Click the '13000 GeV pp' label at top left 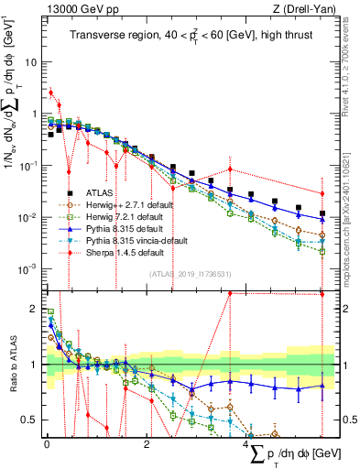pyautogui.click(x=77, y=9)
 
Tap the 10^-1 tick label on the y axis pyautogui.click(x=29, y=166)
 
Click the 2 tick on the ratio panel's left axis pyautogui.click(x=37, y=309)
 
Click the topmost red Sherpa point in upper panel pyautogui.click(x=50, y=93)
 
